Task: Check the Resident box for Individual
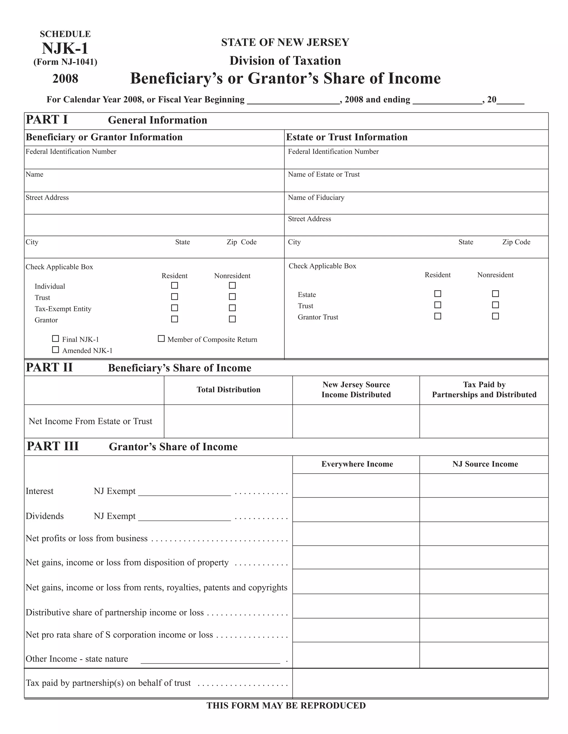174,285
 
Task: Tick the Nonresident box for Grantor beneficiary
232,319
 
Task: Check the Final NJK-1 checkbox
55,339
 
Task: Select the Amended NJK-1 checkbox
55,350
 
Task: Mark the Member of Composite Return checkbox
161,339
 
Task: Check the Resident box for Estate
437,294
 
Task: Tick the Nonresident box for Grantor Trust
495,316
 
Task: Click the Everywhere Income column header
357,464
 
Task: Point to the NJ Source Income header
485,464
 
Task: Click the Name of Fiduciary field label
316,197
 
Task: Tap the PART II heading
49,367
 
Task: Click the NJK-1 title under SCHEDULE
65,48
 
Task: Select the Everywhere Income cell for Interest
356,486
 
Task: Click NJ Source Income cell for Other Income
483,655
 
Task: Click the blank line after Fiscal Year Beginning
293,101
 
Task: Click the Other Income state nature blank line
210,660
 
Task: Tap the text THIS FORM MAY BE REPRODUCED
286,706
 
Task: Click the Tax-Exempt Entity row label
63,309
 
